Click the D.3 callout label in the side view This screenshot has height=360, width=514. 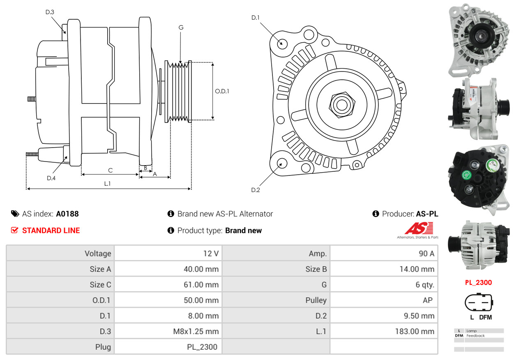pos(50,12)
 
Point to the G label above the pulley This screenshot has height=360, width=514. pos(181,28)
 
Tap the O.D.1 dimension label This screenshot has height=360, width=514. pos(222,91)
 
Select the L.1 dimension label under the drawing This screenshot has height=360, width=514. pos(107,184)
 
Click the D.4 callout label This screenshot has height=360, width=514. pos(51,178)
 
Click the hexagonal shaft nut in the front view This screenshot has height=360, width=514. pos(341,104)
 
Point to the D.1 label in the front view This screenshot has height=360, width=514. pos(256,17)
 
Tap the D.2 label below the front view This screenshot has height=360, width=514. pos(256,190)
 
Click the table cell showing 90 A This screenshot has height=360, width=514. pos(426,254)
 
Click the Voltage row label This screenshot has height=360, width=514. pos(98,254)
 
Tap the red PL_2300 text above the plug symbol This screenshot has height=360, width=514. pos(478,283)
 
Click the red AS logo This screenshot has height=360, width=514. pos(419,228)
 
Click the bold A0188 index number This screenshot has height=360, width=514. pos(67,214)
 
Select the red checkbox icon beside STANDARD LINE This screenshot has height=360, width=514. pos(15,230)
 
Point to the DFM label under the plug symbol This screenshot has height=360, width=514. pos(485,317)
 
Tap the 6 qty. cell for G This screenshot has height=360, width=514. pos(424,285)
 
